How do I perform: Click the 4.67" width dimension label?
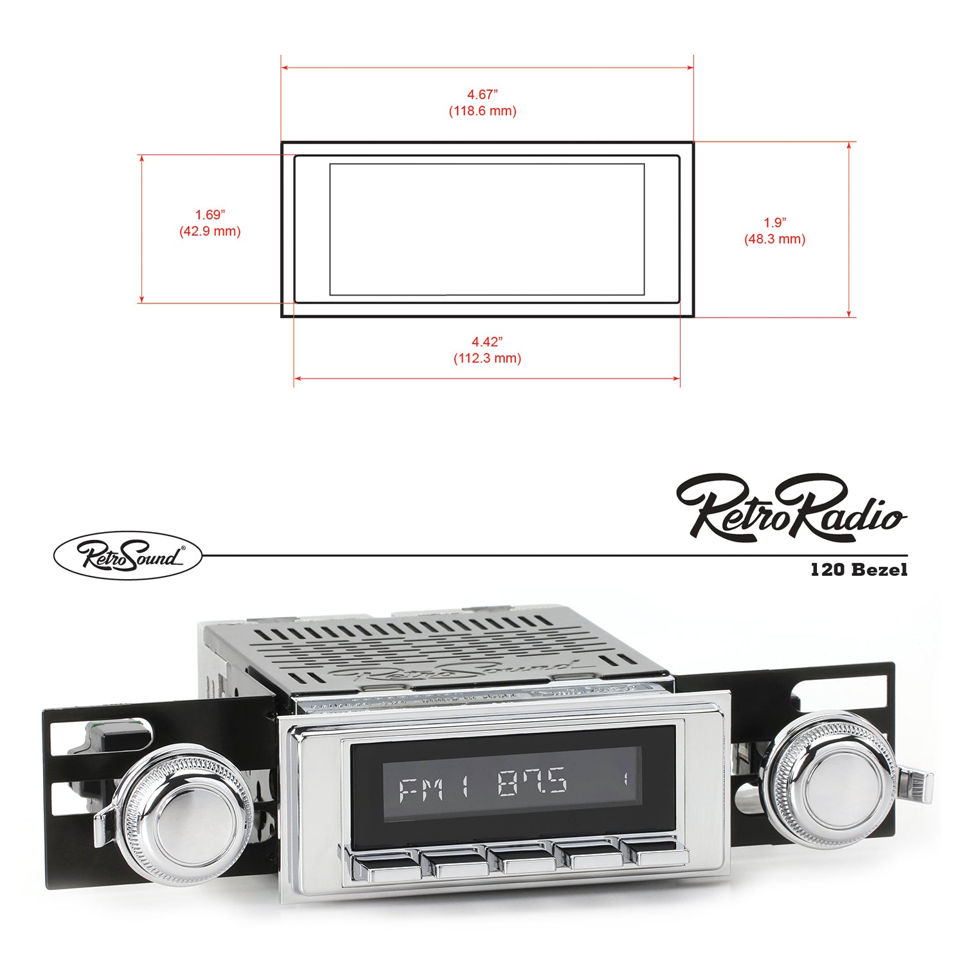[x=482, y=94]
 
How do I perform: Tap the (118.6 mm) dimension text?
[x=482, y=111]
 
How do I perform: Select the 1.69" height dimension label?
[x=210, y=215]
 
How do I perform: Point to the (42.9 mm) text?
[x=210, y=231]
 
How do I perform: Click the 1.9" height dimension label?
[x=774, y=222]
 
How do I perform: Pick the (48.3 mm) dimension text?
[x=774, y=239]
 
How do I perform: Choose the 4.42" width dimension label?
[x=487, y=341]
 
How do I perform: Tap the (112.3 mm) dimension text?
[x=487, y=358]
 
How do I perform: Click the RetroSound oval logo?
[x=127, y=555]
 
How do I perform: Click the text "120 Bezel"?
[x=859, y=569]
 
